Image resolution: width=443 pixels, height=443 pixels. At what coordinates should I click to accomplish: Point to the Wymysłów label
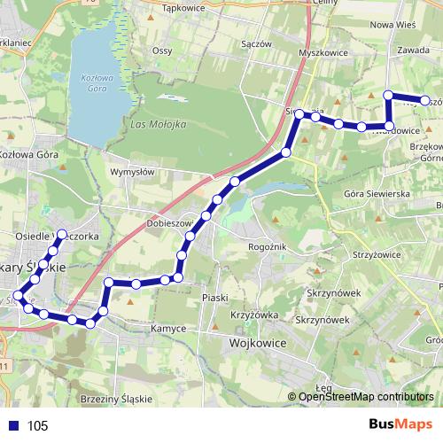[x=132, y=172]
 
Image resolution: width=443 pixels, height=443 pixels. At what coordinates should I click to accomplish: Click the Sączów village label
[x=255, y=43]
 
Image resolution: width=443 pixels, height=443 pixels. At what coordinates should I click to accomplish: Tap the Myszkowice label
[x=322, y=52]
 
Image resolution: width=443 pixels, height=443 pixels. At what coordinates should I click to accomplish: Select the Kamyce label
[x=168, y=328]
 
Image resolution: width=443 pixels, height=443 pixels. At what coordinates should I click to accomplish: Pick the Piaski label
[x=215, y=298]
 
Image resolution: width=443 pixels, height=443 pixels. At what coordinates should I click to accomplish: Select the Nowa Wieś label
[x=392, y=25]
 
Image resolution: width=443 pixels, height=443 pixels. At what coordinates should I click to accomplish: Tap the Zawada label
[x=413, y=51]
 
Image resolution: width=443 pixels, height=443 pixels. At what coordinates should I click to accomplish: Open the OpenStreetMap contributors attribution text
[x=366, y=396]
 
